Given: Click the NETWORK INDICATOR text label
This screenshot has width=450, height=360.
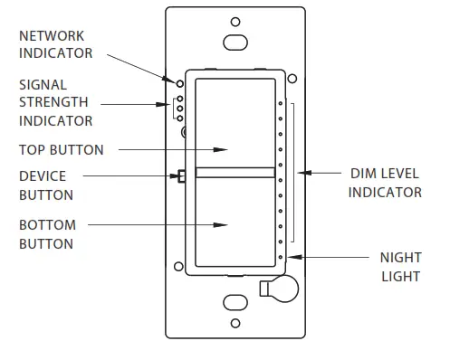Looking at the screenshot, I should pyautogui.click(x=55, y=44).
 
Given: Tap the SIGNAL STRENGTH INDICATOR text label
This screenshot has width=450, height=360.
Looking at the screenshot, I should pyautogui.click(x=55, y=101).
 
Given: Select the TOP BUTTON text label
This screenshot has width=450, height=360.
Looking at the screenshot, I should pyautogui.click(x=62, y=149).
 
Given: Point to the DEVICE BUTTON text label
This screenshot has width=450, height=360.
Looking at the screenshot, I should pyautogui.click(x=46, y=185).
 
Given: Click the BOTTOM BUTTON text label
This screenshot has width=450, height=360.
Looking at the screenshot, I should pyautogui.click(x=46, y=233).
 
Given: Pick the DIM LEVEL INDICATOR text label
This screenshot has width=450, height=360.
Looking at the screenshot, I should pyautogui.click(x=385, y=182).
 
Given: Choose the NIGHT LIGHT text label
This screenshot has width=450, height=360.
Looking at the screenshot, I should pyautogui.click(x=399, y=267).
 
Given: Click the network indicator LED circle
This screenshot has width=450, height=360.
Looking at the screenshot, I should pyautogui.click(x=180, y=81).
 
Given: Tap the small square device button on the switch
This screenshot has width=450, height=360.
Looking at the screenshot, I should pyautogui.click(x=182, y=176).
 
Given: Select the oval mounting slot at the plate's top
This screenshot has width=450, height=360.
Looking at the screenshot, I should pyautogui.click(x=235, y=42).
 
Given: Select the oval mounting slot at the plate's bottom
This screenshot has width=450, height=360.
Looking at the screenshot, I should pyautogui.click(x=235, y=301).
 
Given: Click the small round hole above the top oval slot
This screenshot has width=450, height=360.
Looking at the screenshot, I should pyautogui.click(x=235, y=22).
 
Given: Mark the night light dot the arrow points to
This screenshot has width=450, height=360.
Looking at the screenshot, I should pyautogui.click(x=282, y=259).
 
